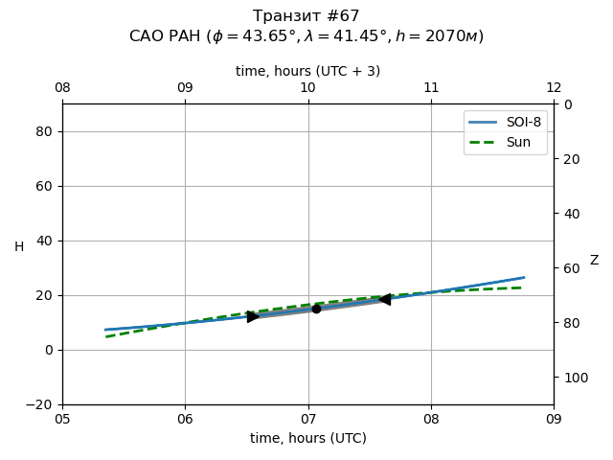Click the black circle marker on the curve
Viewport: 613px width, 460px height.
pos(316,309)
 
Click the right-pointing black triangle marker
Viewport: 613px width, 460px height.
pos(253,316)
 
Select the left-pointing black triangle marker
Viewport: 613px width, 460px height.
pos(384,299)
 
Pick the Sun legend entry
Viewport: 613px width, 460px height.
pos(518,142)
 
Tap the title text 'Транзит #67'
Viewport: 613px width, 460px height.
pos(306,16)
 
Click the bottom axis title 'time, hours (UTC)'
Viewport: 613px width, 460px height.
pos(308,438)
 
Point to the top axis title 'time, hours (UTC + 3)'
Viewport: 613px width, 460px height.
pos(308,71)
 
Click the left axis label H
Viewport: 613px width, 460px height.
pos(19,246)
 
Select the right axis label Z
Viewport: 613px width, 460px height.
pos(594,260)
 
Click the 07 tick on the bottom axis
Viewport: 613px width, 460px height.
pos(308,419)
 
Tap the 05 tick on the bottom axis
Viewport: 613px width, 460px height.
pos(62,419)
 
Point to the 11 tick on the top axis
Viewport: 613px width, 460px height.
pos(431,88)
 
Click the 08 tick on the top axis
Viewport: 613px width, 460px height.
pos(62,88)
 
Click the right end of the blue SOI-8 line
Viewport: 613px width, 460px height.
pos(524,278)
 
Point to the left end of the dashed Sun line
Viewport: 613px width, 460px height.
pos(106,336)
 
